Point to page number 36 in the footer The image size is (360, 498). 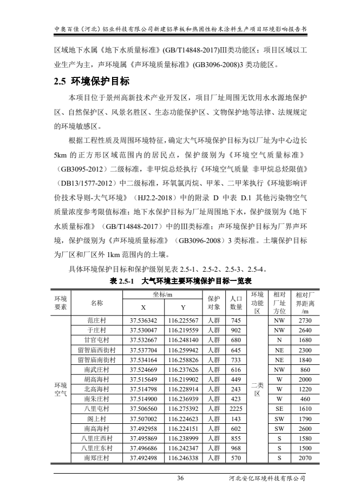click(180, 478)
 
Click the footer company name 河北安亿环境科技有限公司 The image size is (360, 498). click(267, 478)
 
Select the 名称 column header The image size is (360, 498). click(97, 303)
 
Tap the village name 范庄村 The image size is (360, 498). click(97, 320)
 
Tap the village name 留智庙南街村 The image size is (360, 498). click(97, 359)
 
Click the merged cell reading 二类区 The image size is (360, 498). click(257, 389)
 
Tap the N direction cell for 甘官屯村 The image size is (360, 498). click(279, 340)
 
